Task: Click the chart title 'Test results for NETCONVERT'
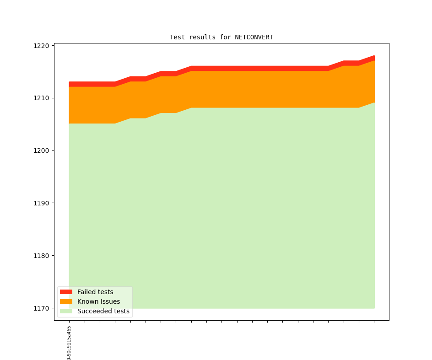[221, 37]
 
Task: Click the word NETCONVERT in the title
[254, 37]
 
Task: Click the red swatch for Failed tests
[66, 292]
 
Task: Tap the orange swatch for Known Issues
[66, 301]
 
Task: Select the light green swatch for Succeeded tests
[66, 311]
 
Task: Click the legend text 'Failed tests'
[95, 292]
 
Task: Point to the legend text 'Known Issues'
[98, 301]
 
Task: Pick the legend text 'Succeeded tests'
[103, 311]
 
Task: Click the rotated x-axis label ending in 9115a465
[69, 343]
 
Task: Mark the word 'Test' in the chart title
[177, 37]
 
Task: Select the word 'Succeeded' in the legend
[93, 311]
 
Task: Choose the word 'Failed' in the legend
[86, 292]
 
